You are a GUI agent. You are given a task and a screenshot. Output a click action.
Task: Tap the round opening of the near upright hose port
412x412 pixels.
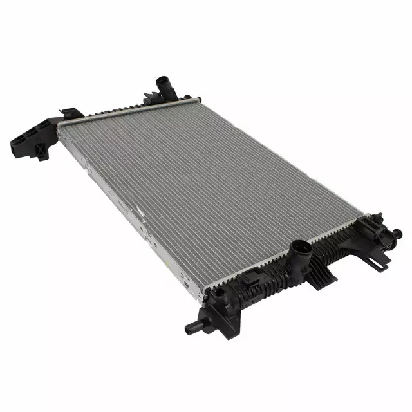tap(301, 245)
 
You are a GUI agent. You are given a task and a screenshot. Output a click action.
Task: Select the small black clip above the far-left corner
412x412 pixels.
tap(69, 113)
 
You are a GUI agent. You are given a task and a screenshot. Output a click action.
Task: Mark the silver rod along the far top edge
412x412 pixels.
tap(129, 109)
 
